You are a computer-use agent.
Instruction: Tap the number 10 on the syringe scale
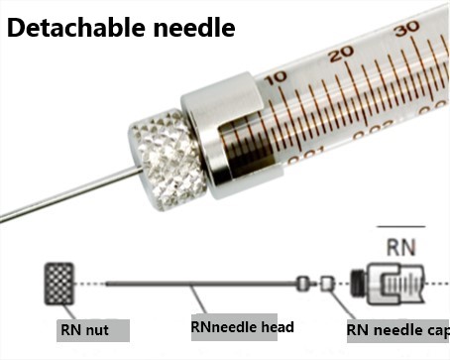(276, 75)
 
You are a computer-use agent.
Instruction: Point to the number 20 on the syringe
(343, 53)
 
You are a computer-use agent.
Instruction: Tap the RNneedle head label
(242, 325)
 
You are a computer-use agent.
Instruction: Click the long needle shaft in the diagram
(198, 284)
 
